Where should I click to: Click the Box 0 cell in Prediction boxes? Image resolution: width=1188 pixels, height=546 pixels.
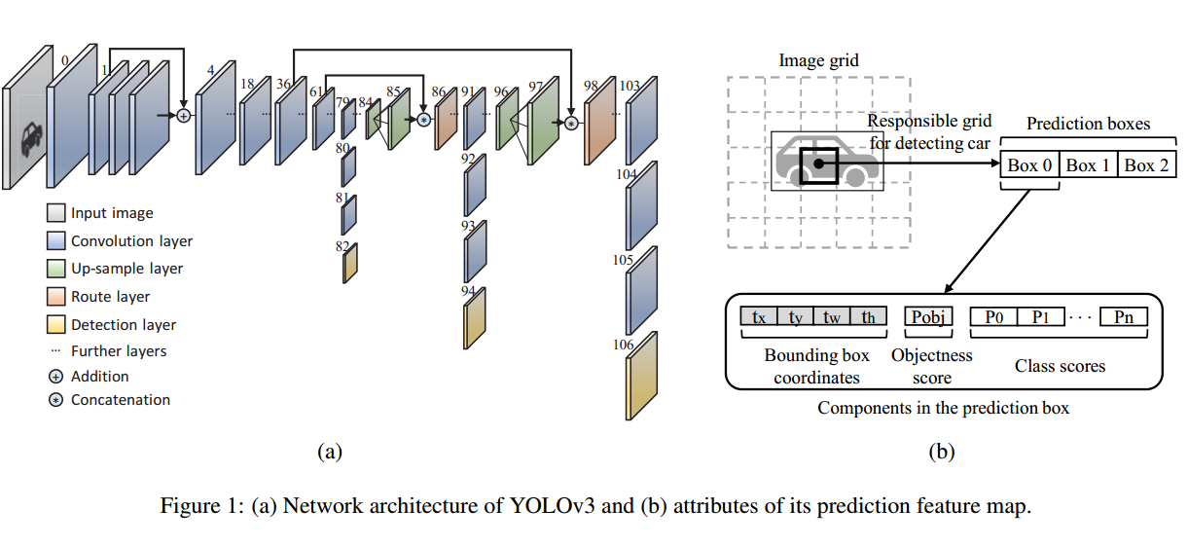[1029, 164]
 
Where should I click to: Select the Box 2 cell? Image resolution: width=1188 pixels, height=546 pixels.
[1146, 164]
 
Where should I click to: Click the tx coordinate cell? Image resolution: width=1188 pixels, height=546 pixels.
[759, 317]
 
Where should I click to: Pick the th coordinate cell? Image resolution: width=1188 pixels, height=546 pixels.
[867, 317]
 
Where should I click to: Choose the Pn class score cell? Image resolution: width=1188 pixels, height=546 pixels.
[1123, 317]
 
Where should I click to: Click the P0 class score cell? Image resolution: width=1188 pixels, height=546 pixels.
[993, 317]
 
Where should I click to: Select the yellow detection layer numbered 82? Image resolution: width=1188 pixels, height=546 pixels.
[349, 262]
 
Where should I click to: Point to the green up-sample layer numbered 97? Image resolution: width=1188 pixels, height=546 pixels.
[544, 123]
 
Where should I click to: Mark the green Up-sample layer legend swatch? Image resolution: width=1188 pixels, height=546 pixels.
[56, 268]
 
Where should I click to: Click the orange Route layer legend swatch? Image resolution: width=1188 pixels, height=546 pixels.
[56, 296]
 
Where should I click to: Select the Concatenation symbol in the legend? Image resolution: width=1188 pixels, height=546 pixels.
[56, 400]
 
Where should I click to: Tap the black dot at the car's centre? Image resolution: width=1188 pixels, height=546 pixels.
[820, 164]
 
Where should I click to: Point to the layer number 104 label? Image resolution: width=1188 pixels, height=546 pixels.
[627, 174]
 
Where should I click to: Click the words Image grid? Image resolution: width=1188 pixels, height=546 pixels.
[818, 60]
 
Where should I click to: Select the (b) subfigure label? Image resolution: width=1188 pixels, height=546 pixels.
[942, 452]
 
